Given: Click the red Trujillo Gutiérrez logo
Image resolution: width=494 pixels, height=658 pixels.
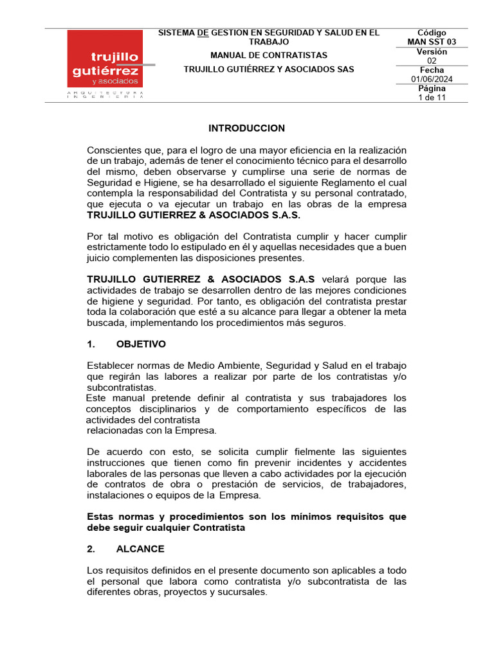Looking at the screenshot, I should pyautogui.click(x=105, y=59).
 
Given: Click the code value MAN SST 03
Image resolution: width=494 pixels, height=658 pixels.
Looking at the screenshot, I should pyautogui.click(x=432, y=42).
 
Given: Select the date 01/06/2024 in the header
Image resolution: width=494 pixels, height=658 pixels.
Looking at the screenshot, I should pyautogui.click(x=432, y=79).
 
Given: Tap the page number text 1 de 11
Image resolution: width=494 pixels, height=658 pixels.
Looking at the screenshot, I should pyautogui.click(x=432, y=98).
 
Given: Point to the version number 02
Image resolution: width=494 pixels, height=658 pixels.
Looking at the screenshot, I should pyautogui.click(x=432, y=61).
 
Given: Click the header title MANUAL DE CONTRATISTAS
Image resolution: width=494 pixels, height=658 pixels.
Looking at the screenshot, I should pyautogui.click(x=268, y=55).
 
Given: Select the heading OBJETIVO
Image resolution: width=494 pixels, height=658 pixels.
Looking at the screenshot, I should pyautogui.click(x=141, y=344).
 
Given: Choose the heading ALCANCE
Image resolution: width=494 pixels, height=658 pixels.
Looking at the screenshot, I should pyautogui.click(x=140, y=549).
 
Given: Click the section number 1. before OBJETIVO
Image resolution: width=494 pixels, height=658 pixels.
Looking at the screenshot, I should pyautogui.click(x=91, y=344).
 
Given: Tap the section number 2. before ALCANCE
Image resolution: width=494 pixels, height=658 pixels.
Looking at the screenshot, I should pyautogui.click(x=91, y=549).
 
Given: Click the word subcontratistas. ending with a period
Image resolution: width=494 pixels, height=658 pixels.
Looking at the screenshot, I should pyautogui.click(x=121, y=387).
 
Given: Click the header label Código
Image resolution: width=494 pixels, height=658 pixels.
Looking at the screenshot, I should pyautogui.click(x=432, y=33).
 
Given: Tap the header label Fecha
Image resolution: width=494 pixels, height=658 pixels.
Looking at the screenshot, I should pyautogui.click(x=432, y=70).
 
